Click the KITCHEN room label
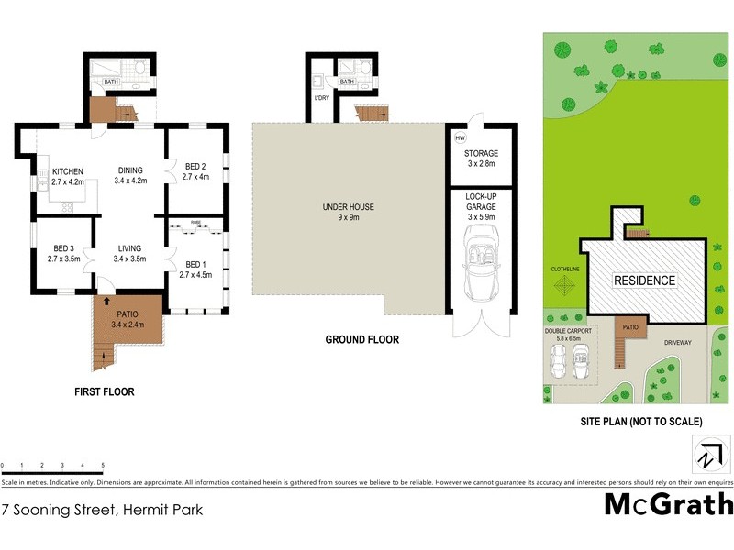[x=67, y=171]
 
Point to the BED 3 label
[x=63, y=248]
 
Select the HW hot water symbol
[x=460, y=137]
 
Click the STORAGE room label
[x=481, y=153]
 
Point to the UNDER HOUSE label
[x=347, y=208]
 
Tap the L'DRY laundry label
[x=321, y=98]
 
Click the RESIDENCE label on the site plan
[x=644, y=280]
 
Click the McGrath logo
[x=669, y=505]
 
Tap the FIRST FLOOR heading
[x=105, y=391]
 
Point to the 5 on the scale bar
[x=103, y=466]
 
